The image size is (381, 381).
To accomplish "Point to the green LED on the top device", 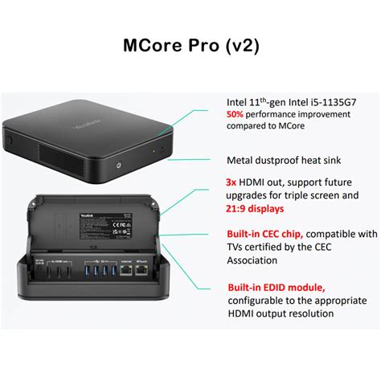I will pyautogui.click(x=152, y=149).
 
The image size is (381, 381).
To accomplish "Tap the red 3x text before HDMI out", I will pyautogui.click(x=232, y=182).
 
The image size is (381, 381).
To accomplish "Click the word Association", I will pyautogui.click(x=259, y=261).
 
